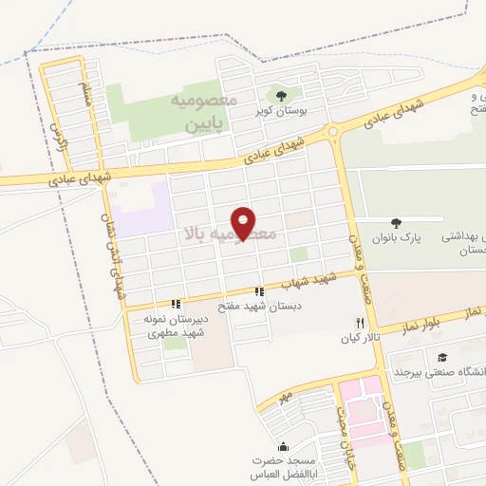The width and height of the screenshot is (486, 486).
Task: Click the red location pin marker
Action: point(245,223)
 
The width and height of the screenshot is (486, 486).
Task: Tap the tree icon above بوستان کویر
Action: point(281,94)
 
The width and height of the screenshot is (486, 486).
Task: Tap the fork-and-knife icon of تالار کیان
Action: point(359,324)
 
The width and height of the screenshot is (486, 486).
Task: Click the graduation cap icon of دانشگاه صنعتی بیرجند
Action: point(442,357)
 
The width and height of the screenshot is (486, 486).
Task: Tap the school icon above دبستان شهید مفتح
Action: point(257,291)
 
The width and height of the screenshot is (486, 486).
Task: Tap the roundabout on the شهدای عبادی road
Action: point(333,132)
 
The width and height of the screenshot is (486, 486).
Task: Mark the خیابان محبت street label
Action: point(341,432)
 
